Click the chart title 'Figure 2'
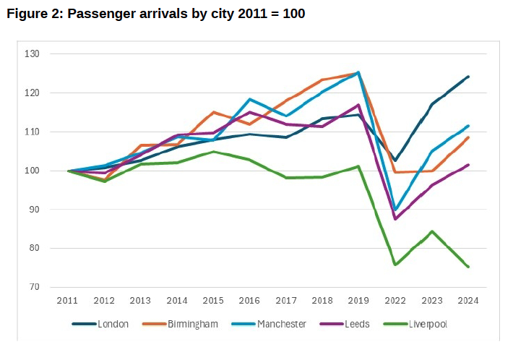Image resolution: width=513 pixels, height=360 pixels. (x=155, y=14)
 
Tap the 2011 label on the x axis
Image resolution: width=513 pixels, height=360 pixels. (x=68, y=300)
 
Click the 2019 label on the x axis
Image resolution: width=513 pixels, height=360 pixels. (x=358, y=300)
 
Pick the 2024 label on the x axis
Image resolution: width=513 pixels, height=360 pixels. (x=467, y=300)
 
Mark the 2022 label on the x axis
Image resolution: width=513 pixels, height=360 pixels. (x=395, y=300)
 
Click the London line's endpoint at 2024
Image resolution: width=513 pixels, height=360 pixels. (x=467, y=77)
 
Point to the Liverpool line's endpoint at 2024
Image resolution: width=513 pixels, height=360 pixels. (x=467, y=267)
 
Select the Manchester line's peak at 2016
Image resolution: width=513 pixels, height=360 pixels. (x=250, y=99)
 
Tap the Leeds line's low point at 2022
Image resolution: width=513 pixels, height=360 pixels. (x=395, y=219)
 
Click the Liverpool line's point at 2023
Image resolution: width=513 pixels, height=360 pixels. (x=431, y=231)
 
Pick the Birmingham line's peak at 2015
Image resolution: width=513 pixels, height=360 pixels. (x=213, y=112)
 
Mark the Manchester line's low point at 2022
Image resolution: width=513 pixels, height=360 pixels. (x=395, y=210)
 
